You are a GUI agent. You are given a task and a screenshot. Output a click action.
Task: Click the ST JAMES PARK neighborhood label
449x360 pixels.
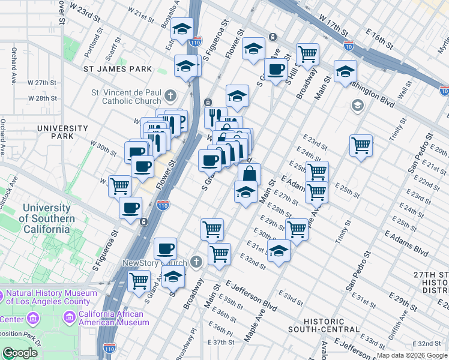point(118,69)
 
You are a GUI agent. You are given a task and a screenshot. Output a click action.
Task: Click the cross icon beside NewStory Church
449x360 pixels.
point(196,262)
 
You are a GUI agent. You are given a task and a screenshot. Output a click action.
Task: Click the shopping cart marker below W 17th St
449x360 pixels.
point(307,54)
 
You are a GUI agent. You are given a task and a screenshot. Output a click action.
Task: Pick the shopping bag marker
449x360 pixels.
point(249,174)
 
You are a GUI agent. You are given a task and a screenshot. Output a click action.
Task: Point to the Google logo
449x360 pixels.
point(20,353)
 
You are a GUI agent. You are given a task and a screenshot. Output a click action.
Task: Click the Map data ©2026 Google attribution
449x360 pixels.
point(412,355)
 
